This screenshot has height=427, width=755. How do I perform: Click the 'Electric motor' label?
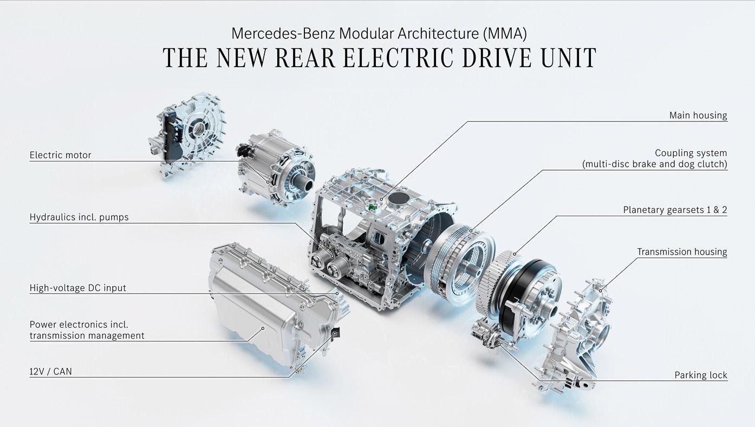coord(60,155)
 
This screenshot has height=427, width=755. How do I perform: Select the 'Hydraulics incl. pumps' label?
coord(79,217)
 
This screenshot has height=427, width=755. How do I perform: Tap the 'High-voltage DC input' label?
coord(78,288)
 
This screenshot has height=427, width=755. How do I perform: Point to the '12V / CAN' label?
coord(50,372)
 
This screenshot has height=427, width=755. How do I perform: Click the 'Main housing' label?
coord(698,115)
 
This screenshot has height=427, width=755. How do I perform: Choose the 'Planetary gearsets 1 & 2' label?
coord(675,210)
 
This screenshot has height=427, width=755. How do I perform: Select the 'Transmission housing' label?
coord(682,252)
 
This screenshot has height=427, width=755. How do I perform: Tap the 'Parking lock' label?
coord(701,375)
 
